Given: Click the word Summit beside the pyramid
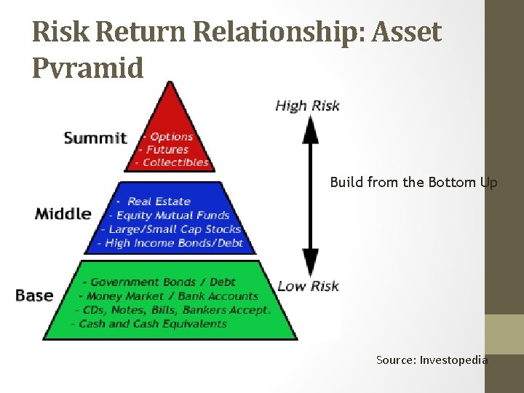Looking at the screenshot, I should pyautogui.click(x=95, y=138).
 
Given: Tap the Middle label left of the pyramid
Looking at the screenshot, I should pyautogui.click(x=63, y=214).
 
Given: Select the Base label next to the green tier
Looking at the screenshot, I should pyautogui.click(x=34, y=295).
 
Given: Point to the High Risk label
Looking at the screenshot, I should pyautogui.click(x=307, y=106).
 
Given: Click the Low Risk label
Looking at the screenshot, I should pyautogui.click(x=308, y=286).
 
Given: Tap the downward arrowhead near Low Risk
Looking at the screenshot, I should pyautogui.click(x=311, y=261).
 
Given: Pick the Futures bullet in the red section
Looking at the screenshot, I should pyautogui.click(x=168, y=149).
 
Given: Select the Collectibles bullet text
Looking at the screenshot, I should pyautogui.click(x=175, y=162).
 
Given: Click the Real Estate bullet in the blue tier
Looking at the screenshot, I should pyautogui.click(x=158, y=201).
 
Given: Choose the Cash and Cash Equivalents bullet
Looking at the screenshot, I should pyautogui.click(x=152, y=324).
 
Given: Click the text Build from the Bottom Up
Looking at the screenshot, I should pyautogui.click(x=413, y=183).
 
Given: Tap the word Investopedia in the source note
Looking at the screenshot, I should pyautogui.click(x=454, y=360).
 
